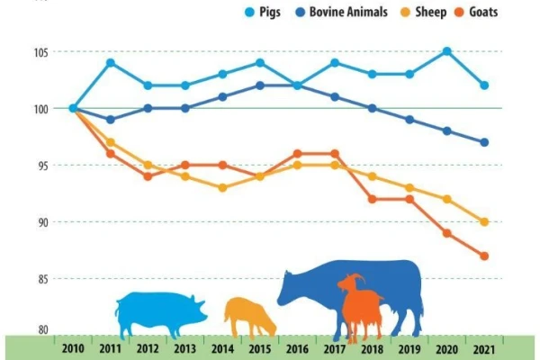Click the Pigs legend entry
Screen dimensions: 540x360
click(263, 12)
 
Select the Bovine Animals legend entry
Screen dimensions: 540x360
click(342, 12)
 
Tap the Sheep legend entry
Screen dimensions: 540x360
click(424, 12)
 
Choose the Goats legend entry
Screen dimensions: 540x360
click(476, 12)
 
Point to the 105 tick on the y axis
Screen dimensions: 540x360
click(40, 52)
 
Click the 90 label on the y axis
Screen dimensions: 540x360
click(43, 222)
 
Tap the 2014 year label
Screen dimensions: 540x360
click(222, 349)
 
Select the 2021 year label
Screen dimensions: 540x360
click(484, 350)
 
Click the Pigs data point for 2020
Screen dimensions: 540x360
click(446, 51)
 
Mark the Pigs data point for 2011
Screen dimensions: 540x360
click(111, 63)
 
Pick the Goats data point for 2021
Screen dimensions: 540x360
click(484, 256)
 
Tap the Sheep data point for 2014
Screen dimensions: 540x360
click(222, 188)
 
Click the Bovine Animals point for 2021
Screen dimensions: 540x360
click(484, 142)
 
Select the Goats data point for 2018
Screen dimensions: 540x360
click(372, 199)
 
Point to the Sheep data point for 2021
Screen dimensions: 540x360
click(484, 222)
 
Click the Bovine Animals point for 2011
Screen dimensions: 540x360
click(111, 120)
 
